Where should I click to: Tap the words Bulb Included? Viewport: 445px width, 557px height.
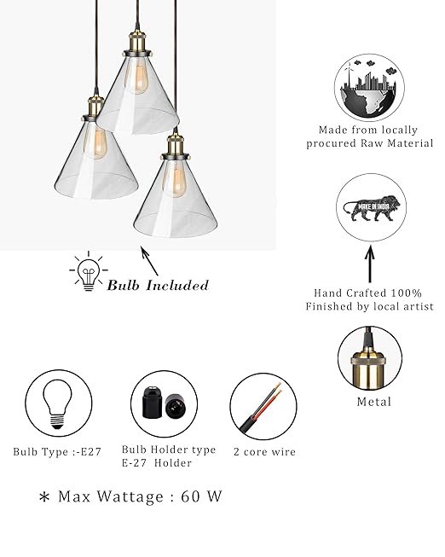(158, 285)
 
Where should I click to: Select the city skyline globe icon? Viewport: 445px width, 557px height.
(369, 88)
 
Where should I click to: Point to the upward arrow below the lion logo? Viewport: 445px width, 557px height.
(370, 264)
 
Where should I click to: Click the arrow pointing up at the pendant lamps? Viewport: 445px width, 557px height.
(149, 261)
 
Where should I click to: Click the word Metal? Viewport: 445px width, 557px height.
(374, 402)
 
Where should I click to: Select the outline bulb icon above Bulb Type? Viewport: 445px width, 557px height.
(57, 404)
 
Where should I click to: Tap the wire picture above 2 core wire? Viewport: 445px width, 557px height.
(261, 408)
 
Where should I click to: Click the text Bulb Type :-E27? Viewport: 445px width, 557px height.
(57, 452)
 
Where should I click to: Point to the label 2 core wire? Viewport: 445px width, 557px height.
(264, 452)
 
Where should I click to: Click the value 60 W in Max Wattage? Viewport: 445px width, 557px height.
(201, 496)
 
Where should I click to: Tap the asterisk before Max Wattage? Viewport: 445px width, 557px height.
(44, 497)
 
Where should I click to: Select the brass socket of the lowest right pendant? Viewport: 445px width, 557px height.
(176, 146)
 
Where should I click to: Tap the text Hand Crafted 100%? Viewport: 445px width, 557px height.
(368, 293)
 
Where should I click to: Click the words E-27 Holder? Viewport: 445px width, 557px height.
(157, 463)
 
